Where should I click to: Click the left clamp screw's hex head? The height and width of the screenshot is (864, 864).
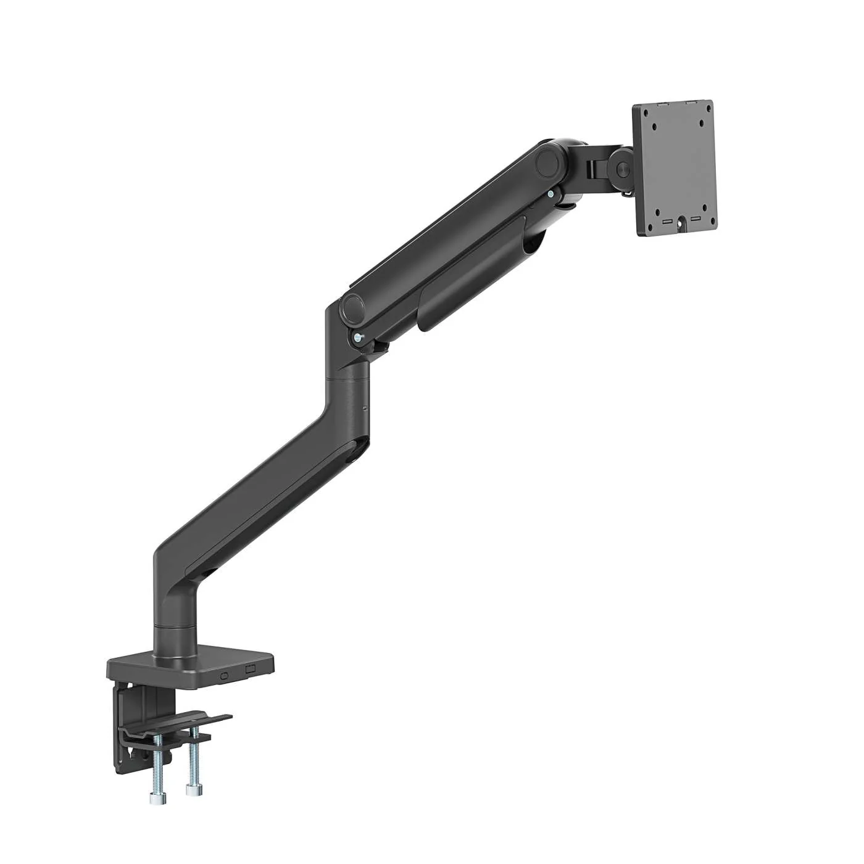pos(154,798)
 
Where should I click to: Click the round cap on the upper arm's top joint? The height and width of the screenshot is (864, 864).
pos(547,164)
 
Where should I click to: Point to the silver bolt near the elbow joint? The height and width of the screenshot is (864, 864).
pos(359,338)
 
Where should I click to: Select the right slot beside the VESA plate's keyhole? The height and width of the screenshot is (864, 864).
pos(695,220)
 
